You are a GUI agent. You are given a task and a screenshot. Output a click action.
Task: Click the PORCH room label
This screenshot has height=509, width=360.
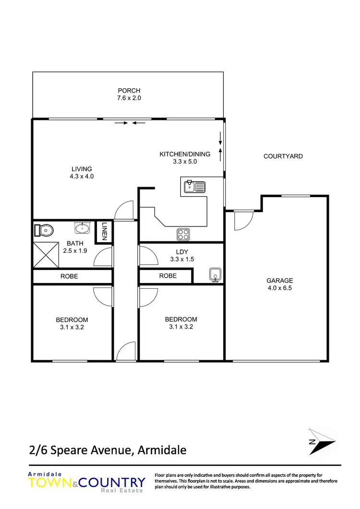pos(129,91)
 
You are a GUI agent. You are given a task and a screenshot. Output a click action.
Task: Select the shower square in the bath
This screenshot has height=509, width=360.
pos(46,255)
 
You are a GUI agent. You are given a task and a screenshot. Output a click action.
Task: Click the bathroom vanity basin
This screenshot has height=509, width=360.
pos(82,227)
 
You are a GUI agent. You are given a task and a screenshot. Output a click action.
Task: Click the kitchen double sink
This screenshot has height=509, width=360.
pos(194,186)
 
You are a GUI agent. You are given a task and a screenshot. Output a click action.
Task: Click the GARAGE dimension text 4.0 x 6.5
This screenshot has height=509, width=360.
pos(280,288)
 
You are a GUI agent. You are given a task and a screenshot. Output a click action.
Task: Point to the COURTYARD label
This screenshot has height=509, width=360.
pos(283,156)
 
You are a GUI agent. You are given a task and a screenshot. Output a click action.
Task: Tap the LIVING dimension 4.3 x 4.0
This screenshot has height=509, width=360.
pos(82,177)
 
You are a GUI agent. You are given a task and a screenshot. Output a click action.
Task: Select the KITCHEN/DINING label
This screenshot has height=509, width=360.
pos(185,154)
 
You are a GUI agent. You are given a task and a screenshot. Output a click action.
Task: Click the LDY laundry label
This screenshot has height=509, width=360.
pos(182,252)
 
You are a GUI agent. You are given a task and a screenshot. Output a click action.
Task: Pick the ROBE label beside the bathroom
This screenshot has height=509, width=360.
pos(69,276)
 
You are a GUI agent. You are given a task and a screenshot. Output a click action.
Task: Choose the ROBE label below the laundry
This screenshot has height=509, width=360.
pos(168,276)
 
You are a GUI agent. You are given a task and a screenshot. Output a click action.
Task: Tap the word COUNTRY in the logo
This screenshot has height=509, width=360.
pos(115,482)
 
